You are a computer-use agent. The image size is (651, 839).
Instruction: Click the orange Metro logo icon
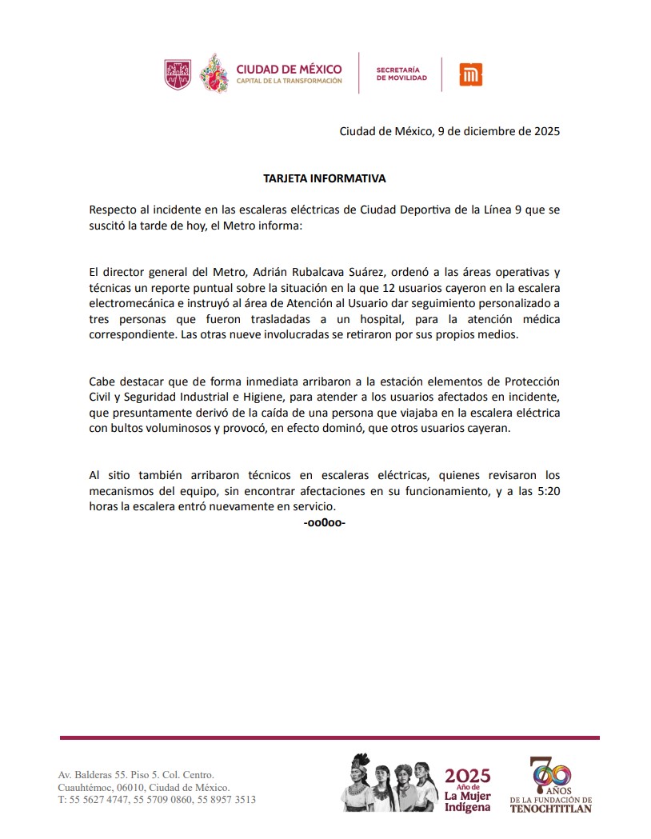click(470, 74)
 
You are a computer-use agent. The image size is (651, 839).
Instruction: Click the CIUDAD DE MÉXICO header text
click(289, 69)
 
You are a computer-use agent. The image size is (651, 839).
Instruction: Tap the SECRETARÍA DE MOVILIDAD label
click(401, 74)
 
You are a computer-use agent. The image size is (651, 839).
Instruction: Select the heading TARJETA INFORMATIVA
click(325, 178)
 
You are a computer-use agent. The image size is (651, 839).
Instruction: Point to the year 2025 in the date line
click(542, 131)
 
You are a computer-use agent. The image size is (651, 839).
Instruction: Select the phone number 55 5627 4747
click(100, 799)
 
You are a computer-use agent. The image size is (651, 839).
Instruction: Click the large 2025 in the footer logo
click(467, 775)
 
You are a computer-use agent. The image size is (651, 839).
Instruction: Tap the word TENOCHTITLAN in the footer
click(550, 809)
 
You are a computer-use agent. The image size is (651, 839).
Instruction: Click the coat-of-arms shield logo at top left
click(178, 74)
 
